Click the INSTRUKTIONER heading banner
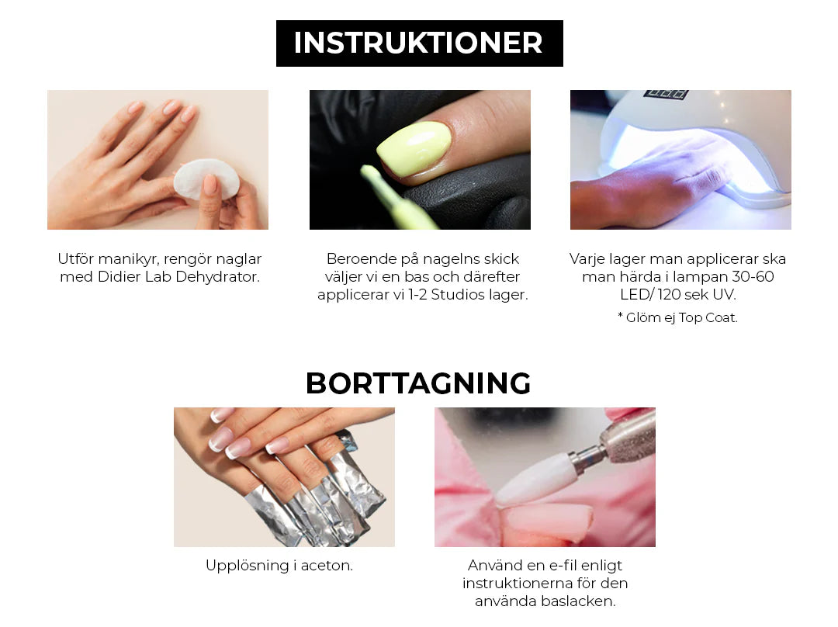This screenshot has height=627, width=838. click(420, 43)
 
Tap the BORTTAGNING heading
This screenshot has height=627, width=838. click(418, 383)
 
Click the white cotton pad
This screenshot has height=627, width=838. click(206, 179)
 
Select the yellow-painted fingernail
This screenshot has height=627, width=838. click(414, 148)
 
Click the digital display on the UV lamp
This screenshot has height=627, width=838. click(666, 94)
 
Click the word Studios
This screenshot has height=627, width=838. click(455, 295)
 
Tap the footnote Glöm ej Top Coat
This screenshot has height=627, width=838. click(677, 318)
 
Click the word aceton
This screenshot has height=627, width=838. click(327, 566)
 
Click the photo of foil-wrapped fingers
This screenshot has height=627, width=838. click(284, 477)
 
